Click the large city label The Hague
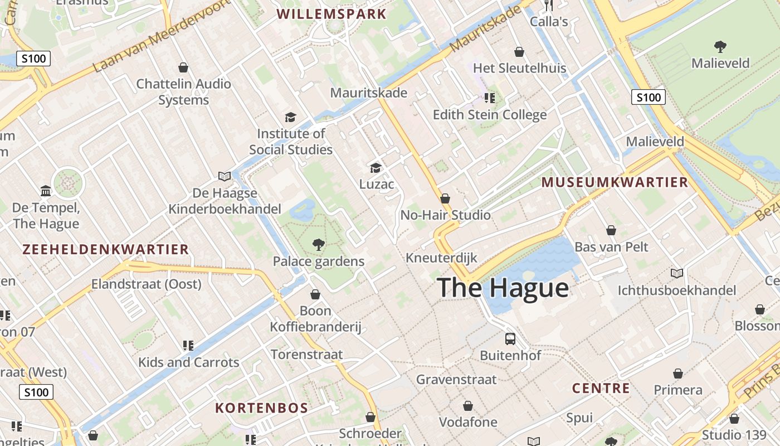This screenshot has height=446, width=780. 503,288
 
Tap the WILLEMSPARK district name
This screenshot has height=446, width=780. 331,14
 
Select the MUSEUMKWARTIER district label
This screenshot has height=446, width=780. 615,182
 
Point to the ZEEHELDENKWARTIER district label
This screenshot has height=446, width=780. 106,249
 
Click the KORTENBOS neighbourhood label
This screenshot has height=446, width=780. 261,408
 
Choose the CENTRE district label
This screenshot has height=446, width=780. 601,388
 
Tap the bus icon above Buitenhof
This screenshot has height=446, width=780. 510,338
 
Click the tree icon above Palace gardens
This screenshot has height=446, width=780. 318,244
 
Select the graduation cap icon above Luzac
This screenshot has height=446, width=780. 376,167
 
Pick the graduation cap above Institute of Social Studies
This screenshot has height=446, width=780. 290,117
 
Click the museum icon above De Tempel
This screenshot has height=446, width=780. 46,191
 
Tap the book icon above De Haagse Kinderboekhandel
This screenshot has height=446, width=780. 225,176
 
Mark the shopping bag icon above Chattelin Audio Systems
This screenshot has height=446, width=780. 183,67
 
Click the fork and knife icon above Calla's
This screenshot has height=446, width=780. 549,6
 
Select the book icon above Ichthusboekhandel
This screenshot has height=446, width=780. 676,273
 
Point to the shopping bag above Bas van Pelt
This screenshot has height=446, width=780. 611,230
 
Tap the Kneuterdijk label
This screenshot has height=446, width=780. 441,258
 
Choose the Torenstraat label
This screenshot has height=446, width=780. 306,355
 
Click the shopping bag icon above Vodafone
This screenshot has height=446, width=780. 468,405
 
